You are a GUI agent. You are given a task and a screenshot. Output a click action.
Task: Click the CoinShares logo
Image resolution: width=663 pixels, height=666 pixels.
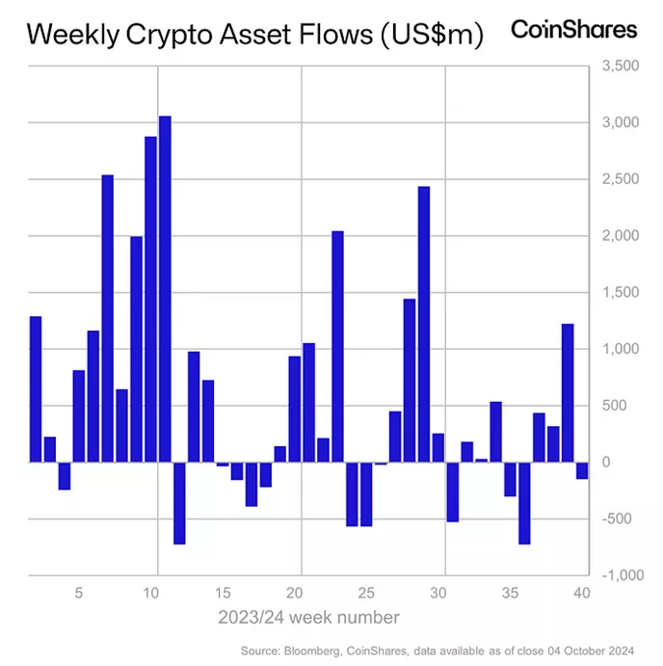coord(573,30)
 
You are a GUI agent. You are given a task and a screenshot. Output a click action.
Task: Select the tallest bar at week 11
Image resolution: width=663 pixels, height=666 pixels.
coord(165,289)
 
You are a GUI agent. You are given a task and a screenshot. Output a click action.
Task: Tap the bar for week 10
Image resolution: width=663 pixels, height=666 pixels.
coord(150,299)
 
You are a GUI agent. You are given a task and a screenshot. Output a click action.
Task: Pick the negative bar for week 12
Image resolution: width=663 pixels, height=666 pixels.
coord(179,503)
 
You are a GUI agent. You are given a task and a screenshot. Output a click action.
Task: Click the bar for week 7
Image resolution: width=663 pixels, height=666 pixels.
coord(107,318)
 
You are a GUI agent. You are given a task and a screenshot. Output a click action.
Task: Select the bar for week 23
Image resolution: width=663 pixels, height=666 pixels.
coord(337,347)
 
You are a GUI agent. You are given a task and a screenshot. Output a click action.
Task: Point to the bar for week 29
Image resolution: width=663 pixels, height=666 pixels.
coord(423,324)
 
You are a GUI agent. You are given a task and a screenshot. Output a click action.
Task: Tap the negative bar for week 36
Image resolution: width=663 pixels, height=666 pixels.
coord(524,503)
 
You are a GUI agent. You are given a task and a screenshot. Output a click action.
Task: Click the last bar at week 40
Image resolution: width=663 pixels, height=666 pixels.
coord(582,470)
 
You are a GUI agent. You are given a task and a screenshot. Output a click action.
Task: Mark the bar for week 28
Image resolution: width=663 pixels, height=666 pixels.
coord(410,380)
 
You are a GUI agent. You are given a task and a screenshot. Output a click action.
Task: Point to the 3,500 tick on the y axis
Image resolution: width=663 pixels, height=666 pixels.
coord(621,67)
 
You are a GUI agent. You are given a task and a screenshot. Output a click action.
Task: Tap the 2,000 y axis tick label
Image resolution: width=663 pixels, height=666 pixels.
coord(621,236)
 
